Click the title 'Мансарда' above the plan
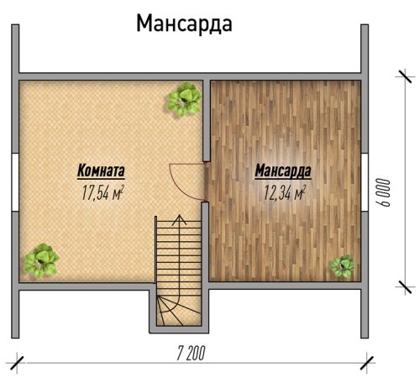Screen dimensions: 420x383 [x=184, y=24]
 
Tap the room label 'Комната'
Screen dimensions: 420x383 [x=101, y=171]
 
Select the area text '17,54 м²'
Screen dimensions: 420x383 [x=102, y=192]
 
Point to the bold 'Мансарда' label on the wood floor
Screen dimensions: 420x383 [x=283, y=171]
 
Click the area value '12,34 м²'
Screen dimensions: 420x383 [x=285, y=192]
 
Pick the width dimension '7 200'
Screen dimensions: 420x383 [x=191, y=353]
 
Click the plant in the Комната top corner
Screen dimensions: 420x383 [x=185, y=99]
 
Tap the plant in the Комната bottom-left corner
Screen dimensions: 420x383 [x=41, y=261]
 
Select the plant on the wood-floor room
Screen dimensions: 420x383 [x=342, y=266]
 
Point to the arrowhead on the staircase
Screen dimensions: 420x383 [x=179, y=220]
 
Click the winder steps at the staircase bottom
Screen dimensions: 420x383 [x=179, y=311]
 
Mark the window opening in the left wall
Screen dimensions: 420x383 [x=15, y=182]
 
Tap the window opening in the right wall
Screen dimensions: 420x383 [x=365, y=182]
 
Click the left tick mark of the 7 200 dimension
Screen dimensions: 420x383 [x=17, y=363]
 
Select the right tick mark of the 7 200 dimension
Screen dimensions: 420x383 [x=367, y=363]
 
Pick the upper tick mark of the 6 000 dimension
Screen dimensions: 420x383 [x=405, y=76]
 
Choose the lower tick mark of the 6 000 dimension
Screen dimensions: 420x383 [x=405, y=286]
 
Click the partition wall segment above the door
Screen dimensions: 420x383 [x=207, y=121]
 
